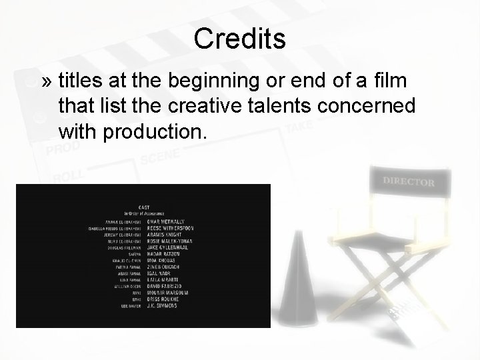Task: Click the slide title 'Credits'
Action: point(240,39)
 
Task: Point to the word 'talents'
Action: point(288,105)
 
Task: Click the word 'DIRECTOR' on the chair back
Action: point(409,181)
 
